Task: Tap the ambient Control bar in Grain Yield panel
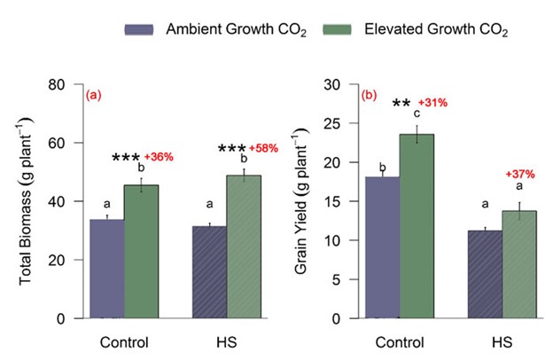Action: [383, 247]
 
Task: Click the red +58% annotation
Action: [263, 147]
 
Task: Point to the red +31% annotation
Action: [432, 103]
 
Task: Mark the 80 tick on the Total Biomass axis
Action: [62, 84]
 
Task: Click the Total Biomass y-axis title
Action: [27, 201]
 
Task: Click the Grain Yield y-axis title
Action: [305, 201]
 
